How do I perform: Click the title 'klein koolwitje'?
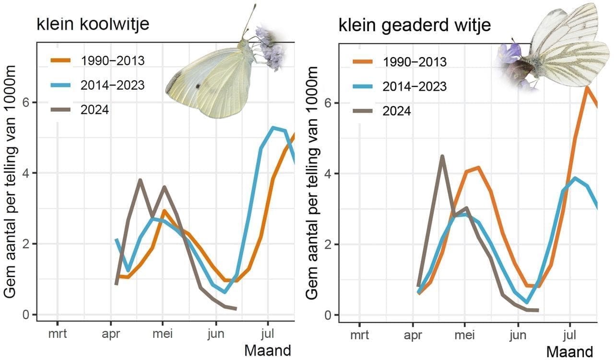(93, 24)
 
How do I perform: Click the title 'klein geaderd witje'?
(414, 25)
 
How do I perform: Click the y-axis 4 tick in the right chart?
(330, 173)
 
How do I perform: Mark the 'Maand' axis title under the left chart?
(268, 350)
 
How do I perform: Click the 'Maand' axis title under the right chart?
(569, 351)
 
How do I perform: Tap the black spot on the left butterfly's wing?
(198, 86)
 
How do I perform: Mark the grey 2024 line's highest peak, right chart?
(442, 156)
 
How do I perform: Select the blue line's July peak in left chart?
(273, 128)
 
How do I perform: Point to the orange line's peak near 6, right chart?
(586, 87)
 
